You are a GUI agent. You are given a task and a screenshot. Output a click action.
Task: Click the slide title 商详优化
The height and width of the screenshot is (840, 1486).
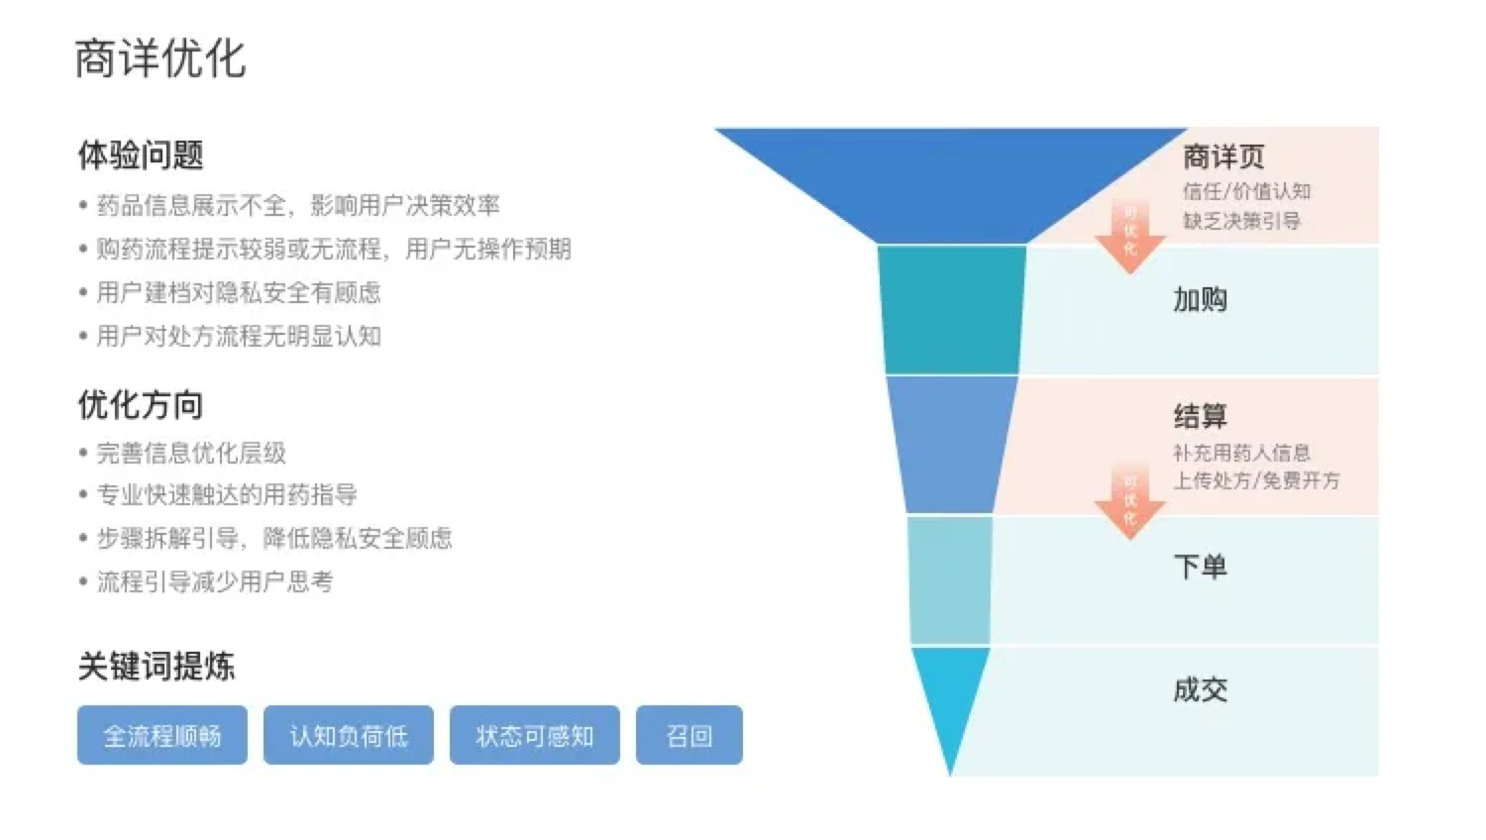pos(159,58)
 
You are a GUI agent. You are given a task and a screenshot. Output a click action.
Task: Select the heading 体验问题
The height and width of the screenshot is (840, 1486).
pos(141,156)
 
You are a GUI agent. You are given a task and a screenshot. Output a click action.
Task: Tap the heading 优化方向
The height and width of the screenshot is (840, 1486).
pos(141,405)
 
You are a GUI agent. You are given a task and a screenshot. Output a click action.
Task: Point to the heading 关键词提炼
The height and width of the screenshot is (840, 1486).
pos(157,666)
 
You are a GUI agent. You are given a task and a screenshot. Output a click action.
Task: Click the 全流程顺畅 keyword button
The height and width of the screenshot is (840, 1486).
pos(162,735)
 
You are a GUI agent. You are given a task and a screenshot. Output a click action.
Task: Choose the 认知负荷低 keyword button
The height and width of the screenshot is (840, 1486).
pos(349,735)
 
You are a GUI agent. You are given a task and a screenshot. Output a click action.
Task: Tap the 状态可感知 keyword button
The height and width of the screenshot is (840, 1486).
pos(535,735)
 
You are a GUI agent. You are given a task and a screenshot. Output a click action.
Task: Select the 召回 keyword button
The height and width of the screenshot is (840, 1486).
pos(690,735)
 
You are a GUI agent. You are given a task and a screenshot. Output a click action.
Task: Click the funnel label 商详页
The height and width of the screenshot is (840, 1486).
pos(1223,157)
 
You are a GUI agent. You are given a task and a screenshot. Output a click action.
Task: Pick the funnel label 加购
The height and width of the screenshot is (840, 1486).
pos(1200,299)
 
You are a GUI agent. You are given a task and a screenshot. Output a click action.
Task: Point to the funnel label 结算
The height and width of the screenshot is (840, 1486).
pos(1200,417)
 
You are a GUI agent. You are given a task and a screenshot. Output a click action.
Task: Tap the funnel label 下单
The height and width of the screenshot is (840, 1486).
pos(1200,567)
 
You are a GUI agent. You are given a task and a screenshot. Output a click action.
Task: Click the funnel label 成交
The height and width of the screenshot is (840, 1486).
pos(1200,689)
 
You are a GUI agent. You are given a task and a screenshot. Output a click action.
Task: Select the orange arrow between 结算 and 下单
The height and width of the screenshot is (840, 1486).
pos(1129,503)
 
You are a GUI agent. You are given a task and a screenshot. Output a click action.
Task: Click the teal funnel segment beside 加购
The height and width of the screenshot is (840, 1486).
pos(951,310)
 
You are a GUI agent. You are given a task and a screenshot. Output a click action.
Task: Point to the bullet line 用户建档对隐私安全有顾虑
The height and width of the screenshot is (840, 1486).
pos(238,292)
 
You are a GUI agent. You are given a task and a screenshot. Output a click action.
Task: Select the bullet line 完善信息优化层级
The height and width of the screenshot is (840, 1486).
pos(191,454)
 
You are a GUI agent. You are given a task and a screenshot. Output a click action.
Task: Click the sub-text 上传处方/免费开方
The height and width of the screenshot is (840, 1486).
pos(1256,480)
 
